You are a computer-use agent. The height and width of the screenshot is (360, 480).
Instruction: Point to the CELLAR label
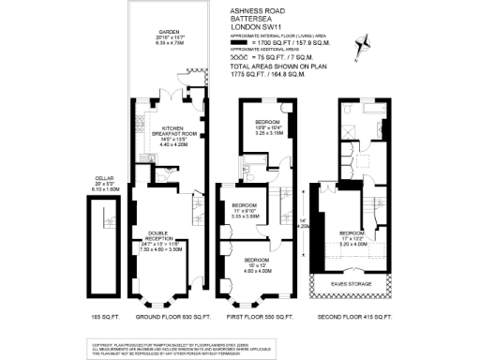pos(105,178)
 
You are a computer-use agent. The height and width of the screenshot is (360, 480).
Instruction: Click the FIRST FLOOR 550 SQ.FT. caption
pos(251,317)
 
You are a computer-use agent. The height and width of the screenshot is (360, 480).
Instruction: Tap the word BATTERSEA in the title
pos(248,20)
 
